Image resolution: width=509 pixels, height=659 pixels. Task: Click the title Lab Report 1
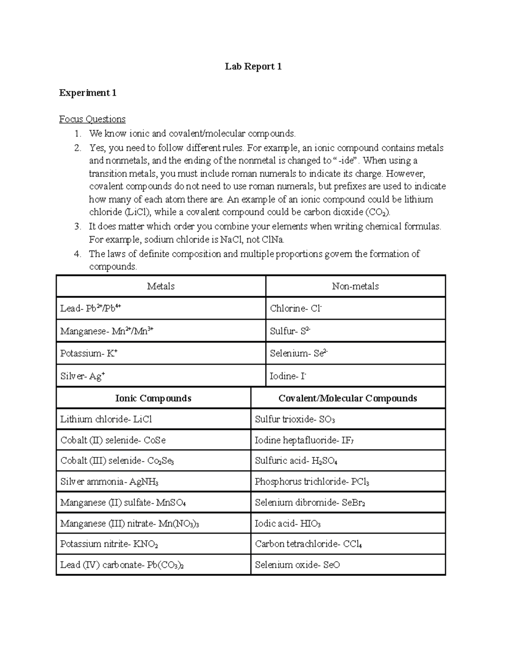[x=253, y=67]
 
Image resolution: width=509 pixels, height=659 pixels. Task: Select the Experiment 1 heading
[x=88, y=93]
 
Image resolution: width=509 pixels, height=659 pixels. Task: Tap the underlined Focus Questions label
[x=92, y=119]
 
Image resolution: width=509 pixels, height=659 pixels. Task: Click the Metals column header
[x=161, y=286]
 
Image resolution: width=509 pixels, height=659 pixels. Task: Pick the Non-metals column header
[x=355, y=286]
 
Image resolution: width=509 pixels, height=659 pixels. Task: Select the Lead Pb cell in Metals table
[x=91, y=308]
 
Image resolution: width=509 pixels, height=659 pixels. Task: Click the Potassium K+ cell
[x=89, y=353]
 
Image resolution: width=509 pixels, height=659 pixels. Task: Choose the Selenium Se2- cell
[x=299, y=353]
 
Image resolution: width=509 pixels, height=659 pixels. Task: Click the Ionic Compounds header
[x=153, y=398]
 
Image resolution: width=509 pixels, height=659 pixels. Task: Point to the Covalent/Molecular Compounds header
[x=348, y=398]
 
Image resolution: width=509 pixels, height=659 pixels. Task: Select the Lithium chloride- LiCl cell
[x=106, y=420]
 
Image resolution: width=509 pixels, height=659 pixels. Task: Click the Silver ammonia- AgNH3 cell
[x=109, y=482]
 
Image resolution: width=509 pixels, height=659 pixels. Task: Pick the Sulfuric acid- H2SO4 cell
[x=296, y=461]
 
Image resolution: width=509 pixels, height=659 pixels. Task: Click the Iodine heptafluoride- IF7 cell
[x=304, y=440]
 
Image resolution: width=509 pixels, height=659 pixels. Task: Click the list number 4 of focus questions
[x=77, y=254]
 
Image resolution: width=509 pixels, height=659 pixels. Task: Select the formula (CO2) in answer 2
[x=377, y=212]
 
